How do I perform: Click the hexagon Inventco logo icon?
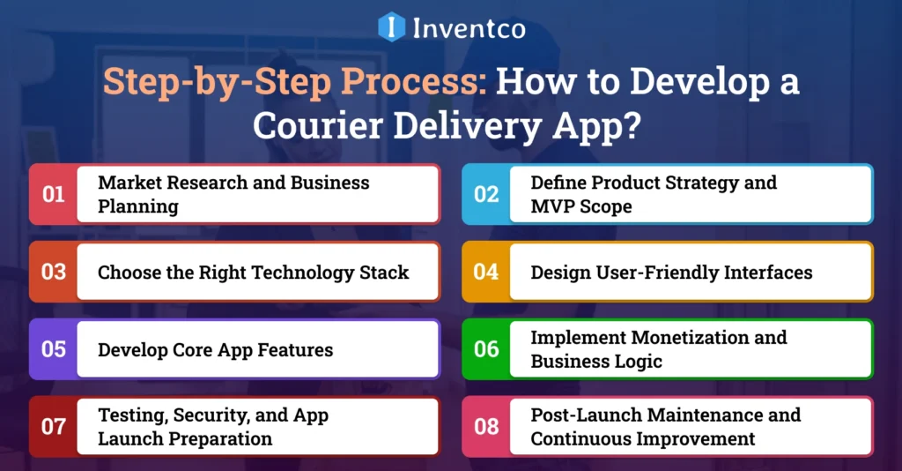click(x=392, y=27)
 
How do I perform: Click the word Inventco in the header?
click(x=469, y=28)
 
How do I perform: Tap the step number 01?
click(x=54, y=194)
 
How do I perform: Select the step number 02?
click(x=486, y=194)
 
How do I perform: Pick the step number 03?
click(x=54, y=272)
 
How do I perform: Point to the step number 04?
click(x=486, y=272)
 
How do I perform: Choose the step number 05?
click(x=54, y=349)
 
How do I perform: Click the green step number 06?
click(x=486, y=349)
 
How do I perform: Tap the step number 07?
click(x=54, y=427)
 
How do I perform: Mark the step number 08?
click(x=486, y=427)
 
